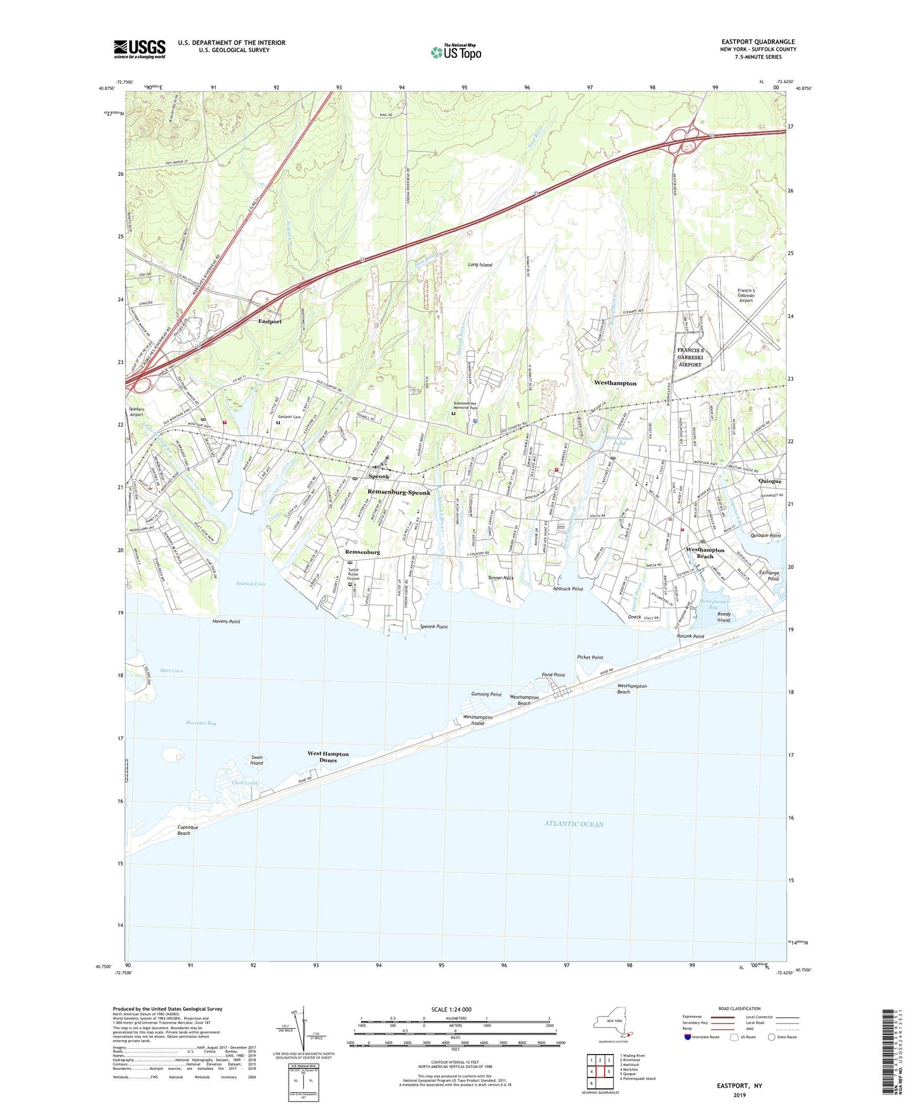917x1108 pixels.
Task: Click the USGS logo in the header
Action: [x=139, y=49]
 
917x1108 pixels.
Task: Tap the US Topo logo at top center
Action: [x=456, y=52]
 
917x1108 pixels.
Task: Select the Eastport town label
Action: [x=270, y=322]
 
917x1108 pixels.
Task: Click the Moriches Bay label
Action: [x=201, y=723]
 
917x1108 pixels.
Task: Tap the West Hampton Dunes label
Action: [x=328, y=756]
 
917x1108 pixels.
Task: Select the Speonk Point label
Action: [x=433, y=626]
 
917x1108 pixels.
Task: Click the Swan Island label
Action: [x=256, y=760]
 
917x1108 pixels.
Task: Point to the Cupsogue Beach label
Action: [x=183, y=830]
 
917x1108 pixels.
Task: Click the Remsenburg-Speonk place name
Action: [x=399, y=492]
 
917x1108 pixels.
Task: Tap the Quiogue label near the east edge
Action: [x=770, y=481]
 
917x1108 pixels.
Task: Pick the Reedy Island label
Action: [x=723, y=617]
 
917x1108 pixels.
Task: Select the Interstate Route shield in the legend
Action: [x=689, y=1037]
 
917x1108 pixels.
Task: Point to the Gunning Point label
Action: [x=486, y=694]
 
